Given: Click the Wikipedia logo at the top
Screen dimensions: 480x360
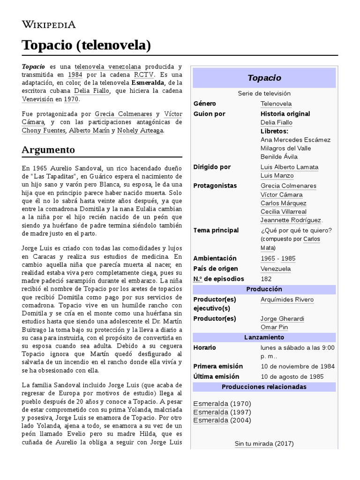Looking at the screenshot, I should click(x=49, y=25).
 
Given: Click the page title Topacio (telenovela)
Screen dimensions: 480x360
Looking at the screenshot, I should click(x=86, y=45).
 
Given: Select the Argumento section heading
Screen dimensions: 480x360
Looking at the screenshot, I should click(x=48, y=150).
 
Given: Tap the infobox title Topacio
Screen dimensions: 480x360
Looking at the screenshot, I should click(x=264, y=78).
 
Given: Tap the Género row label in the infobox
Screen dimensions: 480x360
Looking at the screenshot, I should click(x=204, y=104).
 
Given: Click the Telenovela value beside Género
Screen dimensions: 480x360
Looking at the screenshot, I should click(x=276, y=104).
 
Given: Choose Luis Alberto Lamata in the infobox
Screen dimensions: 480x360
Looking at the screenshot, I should click(x=289, y=167).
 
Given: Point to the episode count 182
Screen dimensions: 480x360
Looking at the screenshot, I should click(x=266, y=279).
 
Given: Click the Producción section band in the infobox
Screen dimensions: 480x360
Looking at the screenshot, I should click(x=264, y=289).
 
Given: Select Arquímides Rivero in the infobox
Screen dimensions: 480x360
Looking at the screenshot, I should click(x=287, y=300).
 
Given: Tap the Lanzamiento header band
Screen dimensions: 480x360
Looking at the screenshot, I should click(x=264, y=337).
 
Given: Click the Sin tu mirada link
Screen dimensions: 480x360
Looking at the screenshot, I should click(x=254, y=443).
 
